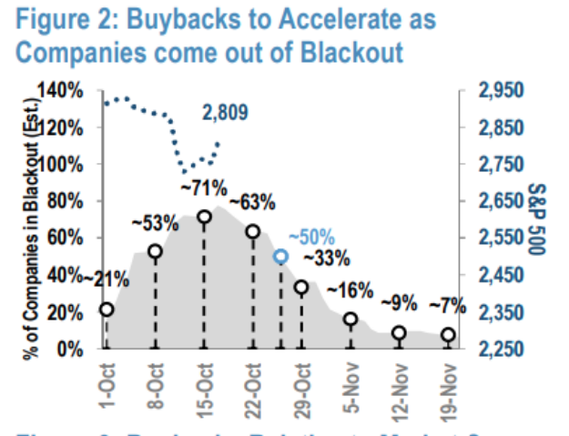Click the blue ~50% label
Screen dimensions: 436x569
pos(313,235)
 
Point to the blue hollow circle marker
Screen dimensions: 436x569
pos(281,257)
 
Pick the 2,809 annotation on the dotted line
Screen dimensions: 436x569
pos(224,113)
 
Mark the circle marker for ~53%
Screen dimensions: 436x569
pos(156,251)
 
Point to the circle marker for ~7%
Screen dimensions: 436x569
pos(448,335)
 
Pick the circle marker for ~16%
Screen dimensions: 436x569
pos(351,319)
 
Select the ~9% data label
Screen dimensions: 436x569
pos(399,302)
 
